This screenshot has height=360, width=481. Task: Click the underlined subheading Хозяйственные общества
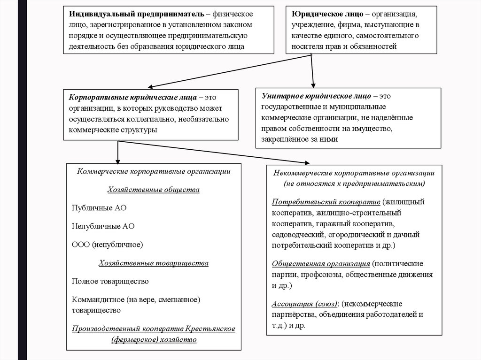(154, 190)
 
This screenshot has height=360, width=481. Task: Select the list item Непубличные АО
(103, 226)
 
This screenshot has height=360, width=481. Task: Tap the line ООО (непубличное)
(108, 244)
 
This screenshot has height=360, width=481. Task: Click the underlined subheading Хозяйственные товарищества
(154, 263)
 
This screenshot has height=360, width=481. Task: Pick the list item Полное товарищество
(110, 281)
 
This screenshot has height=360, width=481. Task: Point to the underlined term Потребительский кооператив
(326, 202)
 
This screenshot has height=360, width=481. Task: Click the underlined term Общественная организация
(321, 263)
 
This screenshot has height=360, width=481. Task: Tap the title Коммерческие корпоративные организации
(154, 171)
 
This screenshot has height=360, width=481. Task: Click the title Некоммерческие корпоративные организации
(354, 173)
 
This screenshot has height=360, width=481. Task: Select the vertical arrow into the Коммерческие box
(117, 151)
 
